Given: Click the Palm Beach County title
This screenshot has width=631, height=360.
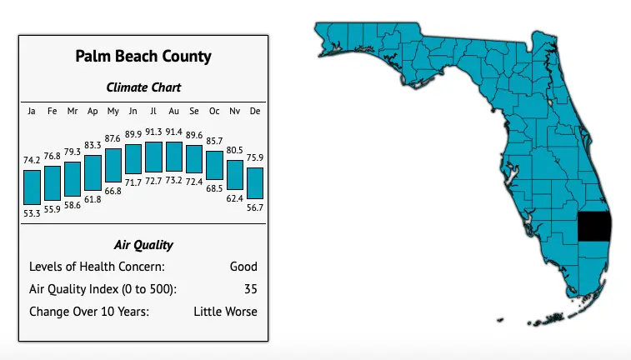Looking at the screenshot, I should (x=143, y=57).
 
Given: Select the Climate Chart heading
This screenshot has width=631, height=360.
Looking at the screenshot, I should (x=143, y=87).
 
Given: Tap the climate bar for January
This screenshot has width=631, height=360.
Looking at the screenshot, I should (x=32, y=187).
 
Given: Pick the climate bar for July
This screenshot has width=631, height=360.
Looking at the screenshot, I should (x=153, y=157).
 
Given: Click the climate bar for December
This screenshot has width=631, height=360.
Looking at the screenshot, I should (x=255, y=183).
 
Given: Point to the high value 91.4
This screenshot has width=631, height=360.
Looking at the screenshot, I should (x=173, y=132).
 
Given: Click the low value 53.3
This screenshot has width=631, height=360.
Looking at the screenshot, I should (x=32, y=213).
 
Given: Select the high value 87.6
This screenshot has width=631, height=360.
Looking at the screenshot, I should (x=113, y=139).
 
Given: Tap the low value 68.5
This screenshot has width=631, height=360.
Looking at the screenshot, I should (x=214, y=190).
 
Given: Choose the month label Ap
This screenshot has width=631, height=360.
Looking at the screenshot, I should (x=93, y=111).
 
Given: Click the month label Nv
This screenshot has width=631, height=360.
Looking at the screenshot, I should (x=235, y=111).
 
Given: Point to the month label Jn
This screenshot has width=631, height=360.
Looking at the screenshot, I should (x=133, y=111).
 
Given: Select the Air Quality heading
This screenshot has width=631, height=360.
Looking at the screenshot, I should (x=143, y=245).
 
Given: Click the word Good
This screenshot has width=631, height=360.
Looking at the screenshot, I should (x=243, y=267).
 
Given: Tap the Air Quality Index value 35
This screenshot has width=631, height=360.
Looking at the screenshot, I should (x=250, y=289).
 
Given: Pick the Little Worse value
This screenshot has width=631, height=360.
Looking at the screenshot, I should (x=225, y=312).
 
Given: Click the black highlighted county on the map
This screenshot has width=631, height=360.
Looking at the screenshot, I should (x=595, y=227).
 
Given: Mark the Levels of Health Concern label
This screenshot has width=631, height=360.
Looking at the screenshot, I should (x=97, y=267).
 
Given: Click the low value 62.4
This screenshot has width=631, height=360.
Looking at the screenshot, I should (x=235, y=198).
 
